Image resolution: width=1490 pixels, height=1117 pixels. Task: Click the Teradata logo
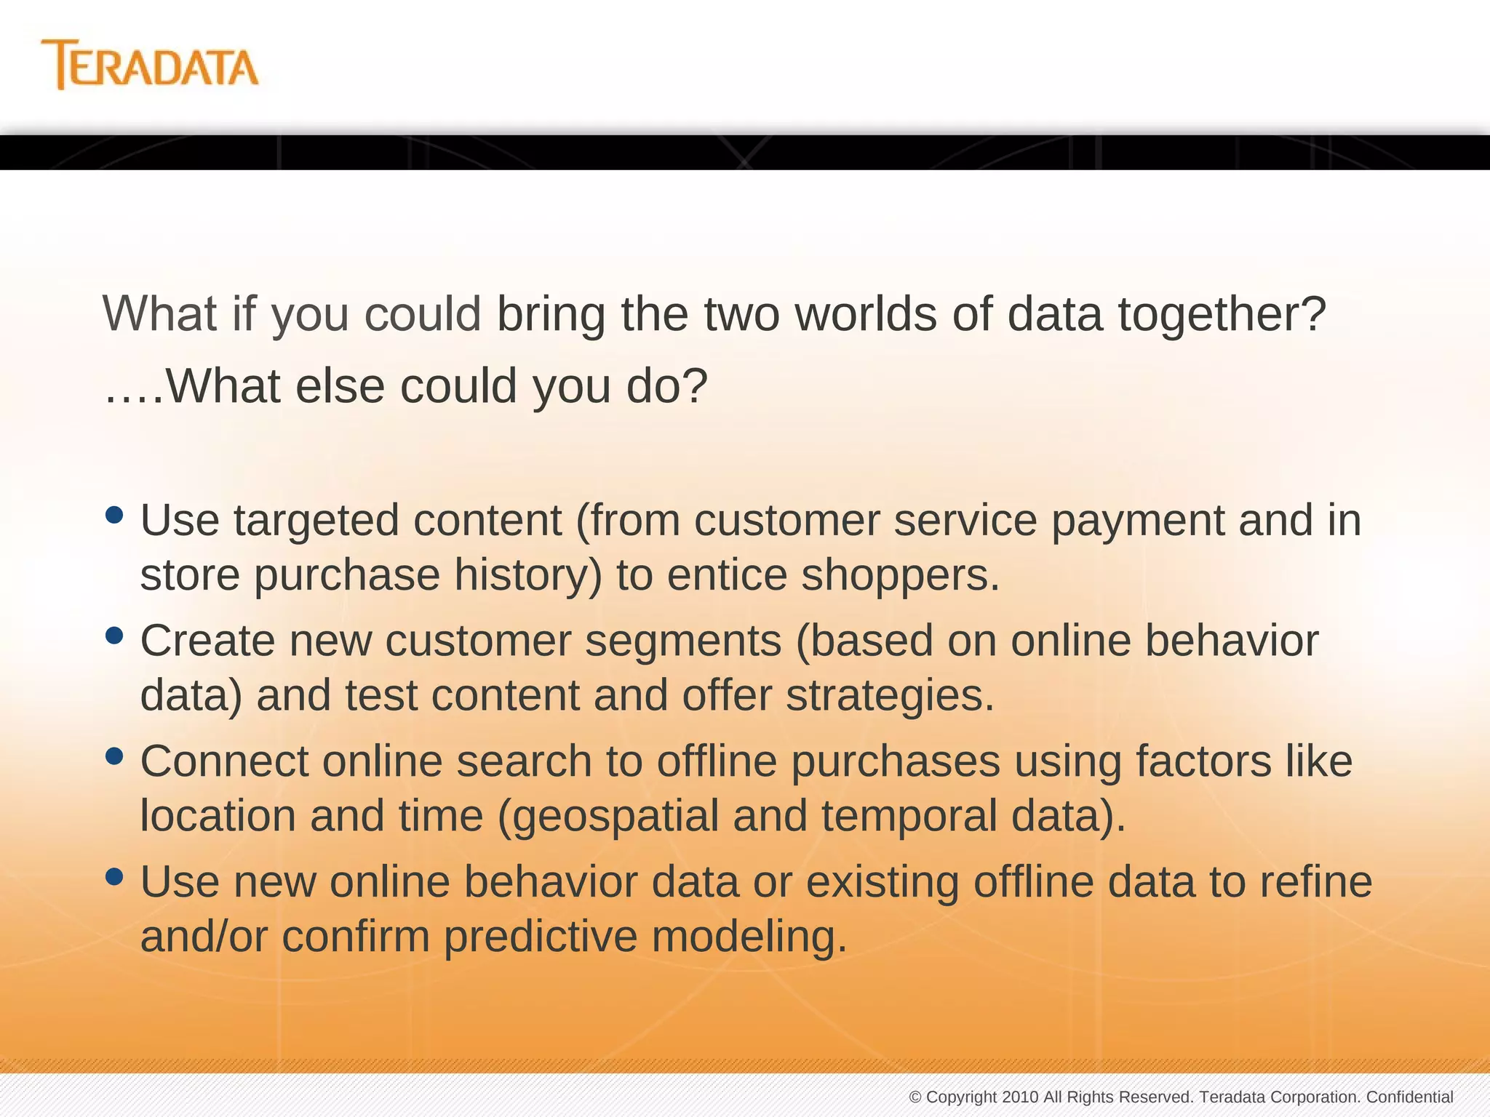tap(150, 65)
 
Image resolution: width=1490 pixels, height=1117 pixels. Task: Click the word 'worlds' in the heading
tap(866, 314)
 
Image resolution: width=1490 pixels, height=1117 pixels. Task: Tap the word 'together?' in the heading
tap(1222, 316)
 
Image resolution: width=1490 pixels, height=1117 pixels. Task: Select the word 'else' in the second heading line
tap(340, 386)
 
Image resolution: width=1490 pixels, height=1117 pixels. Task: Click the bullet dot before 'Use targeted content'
tap(114, 515)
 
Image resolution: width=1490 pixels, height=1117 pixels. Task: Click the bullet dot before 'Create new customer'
tap(114, 636)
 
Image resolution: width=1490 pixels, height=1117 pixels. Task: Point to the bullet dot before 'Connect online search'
tap(114, 756)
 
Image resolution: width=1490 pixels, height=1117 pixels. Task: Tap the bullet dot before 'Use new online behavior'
tap(114, 876)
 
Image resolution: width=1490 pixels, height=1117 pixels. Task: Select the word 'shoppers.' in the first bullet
tap(901, 575)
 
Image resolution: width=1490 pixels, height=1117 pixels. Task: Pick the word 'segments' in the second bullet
tap(683, 641)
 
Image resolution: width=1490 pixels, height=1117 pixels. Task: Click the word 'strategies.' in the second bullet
tap(890, 696)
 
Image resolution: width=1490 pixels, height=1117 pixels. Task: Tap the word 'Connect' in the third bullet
tap(225, 761)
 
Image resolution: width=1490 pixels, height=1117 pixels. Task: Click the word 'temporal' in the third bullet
tap(909, 817)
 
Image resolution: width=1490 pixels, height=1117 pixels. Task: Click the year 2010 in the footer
tap(1020, 1097)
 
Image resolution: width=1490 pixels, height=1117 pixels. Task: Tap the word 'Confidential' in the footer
tap(1409, 1097)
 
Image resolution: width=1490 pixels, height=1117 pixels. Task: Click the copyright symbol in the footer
tap(915, 1097)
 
